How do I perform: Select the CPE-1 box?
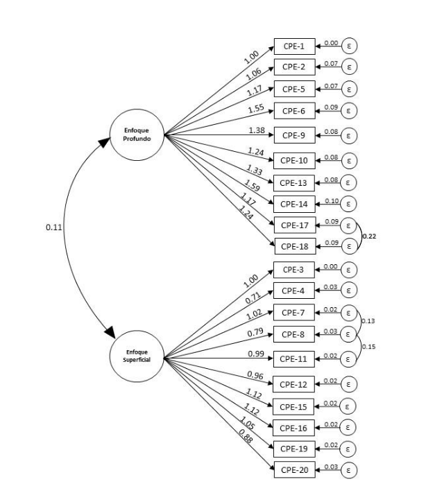tap(294, 46)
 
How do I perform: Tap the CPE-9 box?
tap(294, 134)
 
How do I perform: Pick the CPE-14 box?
tap(294, 204)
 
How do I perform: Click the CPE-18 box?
tap(294, 245)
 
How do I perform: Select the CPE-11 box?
tap(294, 358)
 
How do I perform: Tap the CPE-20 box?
tap(294, 469)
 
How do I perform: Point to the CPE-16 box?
tap(294, 426)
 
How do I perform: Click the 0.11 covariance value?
tap(51, 227)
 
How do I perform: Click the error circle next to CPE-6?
tap(350, 110)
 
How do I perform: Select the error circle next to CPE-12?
tap(350, 383)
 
